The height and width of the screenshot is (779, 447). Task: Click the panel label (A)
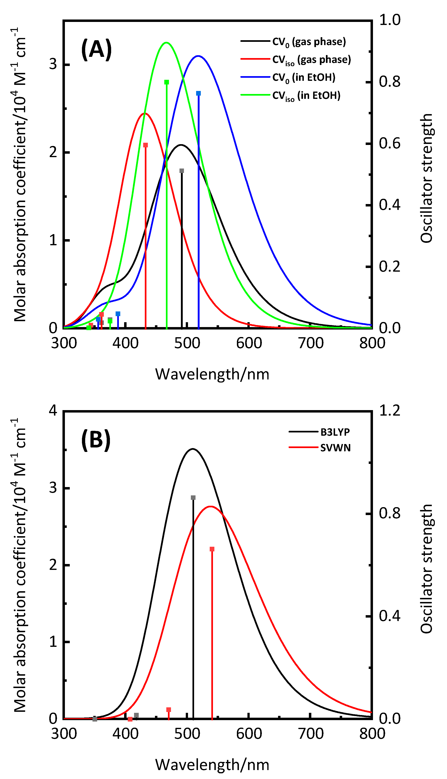[x=96, y=50]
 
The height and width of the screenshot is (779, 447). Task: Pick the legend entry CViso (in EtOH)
[x=306, y=95]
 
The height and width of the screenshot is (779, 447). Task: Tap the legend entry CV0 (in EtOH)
[x=304, y=77]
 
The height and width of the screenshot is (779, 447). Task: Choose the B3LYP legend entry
[x=335, y=432]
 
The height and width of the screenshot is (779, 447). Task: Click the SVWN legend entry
[x=335, y=448]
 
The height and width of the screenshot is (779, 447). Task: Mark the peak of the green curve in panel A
[x=166, y=42]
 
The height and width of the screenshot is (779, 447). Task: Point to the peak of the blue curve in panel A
[x=198, y=56]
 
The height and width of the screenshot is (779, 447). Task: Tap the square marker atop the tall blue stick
[x=198, y=93]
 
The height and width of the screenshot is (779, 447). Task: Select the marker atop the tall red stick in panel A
[x=146, y=145]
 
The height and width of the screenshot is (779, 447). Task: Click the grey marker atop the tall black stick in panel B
[x=193, y=498]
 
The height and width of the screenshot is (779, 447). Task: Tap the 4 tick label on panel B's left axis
[x=53, y=410]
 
